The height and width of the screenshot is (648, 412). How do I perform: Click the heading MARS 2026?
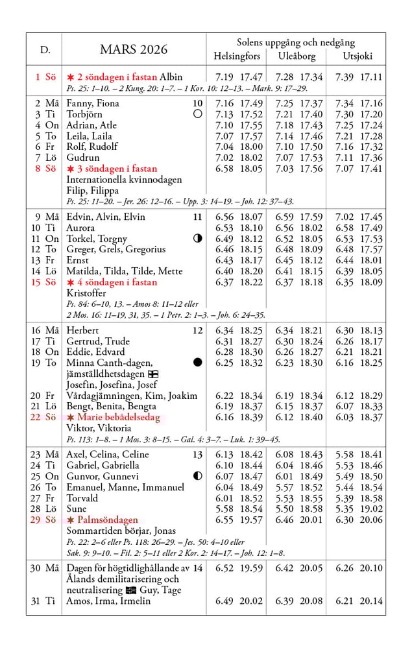point(134,50)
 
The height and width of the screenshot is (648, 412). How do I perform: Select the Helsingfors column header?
point(237,56)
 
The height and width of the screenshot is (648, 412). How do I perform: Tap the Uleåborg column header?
point(297,56)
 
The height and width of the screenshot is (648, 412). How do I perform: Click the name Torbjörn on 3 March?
point(85,114)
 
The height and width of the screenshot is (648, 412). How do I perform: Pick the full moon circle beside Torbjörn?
point(198,114)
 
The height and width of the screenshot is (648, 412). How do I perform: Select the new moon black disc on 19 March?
point(198,362)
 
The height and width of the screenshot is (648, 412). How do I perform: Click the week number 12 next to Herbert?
point(197,331)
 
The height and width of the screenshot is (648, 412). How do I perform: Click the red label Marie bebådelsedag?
point(117,417)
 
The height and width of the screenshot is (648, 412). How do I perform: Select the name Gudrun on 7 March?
point(83,158)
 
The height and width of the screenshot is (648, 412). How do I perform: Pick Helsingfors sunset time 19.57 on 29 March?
point(251,520)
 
